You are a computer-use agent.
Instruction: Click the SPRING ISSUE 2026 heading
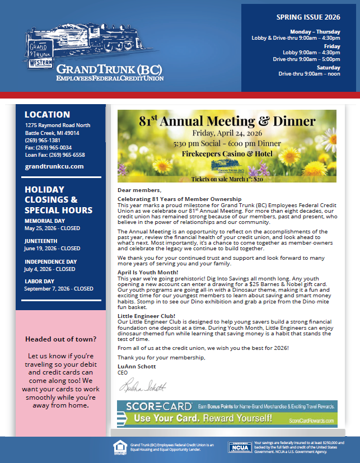point(308,17)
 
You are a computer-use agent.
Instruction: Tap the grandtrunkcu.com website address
point(54,166)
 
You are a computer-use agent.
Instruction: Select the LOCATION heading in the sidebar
point(47,115)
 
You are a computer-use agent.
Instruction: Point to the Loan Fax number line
point(55,155)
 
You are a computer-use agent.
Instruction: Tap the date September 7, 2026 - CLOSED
point(59,289)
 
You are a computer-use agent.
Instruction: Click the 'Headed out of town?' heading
point(60,339)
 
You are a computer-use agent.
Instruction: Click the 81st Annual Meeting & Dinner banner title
point(227,121)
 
